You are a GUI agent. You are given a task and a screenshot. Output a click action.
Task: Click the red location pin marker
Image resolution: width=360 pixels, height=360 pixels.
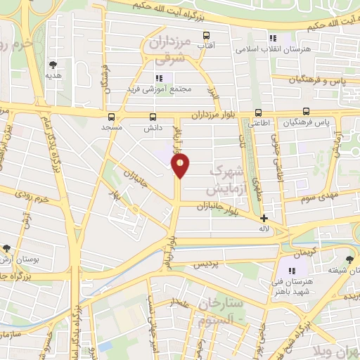pyautogui.click(x=181, y=166)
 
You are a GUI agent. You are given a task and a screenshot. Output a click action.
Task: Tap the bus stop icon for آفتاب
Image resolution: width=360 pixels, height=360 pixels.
pyautogui.click(x=206, y=35)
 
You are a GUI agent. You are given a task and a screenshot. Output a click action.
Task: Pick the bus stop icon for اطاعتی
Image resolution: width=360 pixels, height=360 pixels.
pyautogui.click(x=258, y=112)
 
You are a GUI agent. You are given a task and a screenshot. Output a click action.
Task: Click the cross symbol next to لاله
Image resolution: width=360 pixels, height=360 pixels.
pyautogui.click(x=264, y=219)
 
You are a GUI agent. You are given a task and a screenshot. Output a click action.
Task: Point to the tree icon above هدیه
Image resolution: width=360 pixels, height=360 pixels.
pyautogui.click(x=50, y=62)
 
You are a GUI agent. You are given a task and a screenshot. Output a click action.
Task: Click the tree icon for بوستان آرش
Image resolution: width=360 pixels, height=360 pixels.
pyautogui.click(x=6, y=248)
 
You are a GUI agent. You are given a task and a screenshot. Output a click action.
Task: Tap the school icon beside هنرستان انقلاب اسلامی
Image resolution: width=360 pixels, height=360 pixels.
pyautogui.click(x=272, y=38)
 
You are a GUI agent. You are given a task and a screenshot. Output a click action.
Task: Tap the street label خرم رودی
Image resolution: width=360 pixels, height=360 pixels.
pyautogui.click(x=32, y=195)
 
